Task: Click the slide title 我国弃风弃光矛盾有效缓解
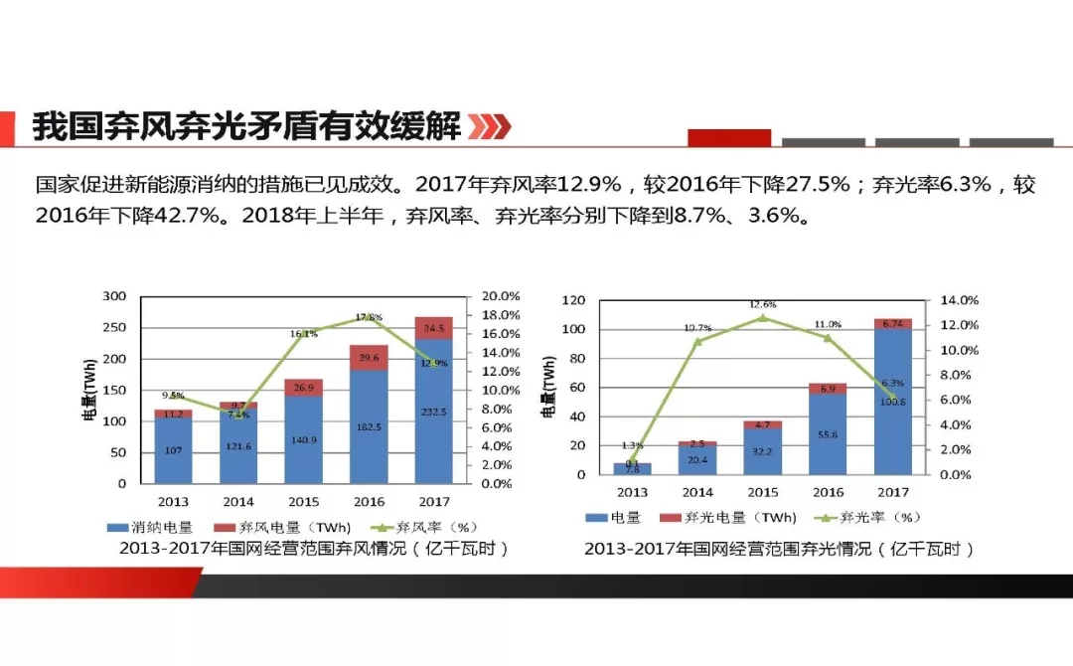[246, 127]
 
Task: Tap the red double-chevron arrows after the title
[489, 127]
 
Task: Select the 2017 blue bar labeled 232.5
[432, 417]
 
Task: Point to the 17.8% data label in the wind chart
[369, 317]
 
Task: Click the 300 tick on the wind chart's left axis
[115, 296]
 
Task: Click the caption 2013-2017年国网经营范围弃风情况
[313, 549]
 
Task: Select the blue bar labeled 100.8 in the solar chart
[892, 403]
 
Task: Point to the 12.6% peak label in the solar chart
[762, 304]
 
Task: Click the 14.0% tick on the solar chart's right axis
[959, 300]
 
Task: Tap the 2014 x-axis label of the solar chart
[697, 492]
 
